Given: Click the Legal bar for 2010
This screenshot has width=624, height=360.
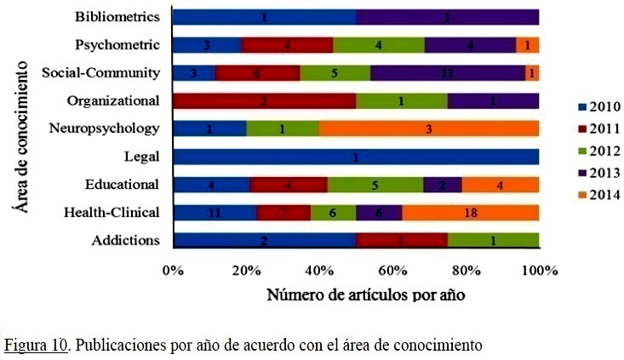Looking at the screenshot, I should (355, 157).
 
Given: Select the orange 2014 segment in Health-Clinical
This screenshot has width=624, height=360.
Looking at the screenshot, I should (470, 212).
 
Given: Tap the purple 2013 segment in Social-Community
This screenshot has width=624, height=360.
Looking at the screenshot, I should (447, 73).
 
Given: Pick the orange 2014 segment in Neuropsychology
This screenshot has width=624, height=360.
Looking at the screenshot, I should (429, 129).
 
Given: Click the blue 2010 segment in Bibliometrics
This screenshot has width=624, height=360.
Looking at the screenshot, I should (264, 17).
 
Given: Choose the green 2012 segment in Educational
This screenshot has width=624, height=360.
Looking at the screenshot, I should (375, 185).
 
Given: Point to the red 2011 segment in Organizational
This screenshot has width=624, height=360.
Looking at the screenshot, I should (264, 101).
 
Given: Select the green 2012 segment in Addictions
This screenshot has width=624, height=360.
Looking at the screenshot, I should (493, 240).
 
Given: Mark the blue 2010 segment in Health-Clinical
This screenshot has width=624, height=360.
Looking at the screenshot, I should (215, 212).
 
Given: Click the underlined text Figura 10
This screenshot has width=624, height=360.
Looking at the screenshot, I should (36, 346).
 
